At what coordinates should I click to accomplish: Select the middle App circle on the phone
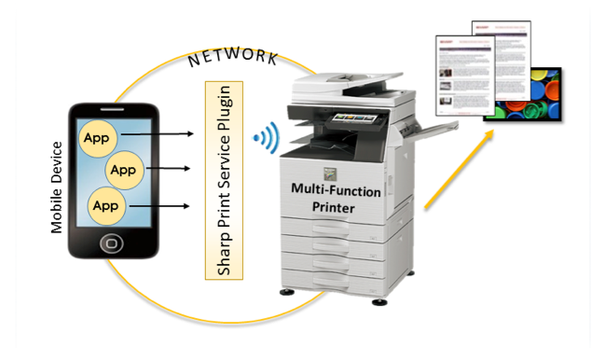[x=124, y=170]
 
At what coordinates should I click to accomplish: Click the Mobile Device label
[x=57, y=187]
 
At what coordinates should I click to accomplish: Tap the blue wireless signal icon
[x=266, y=139]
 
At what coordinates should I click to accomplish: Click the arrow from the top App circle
[x=158, y=136]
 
